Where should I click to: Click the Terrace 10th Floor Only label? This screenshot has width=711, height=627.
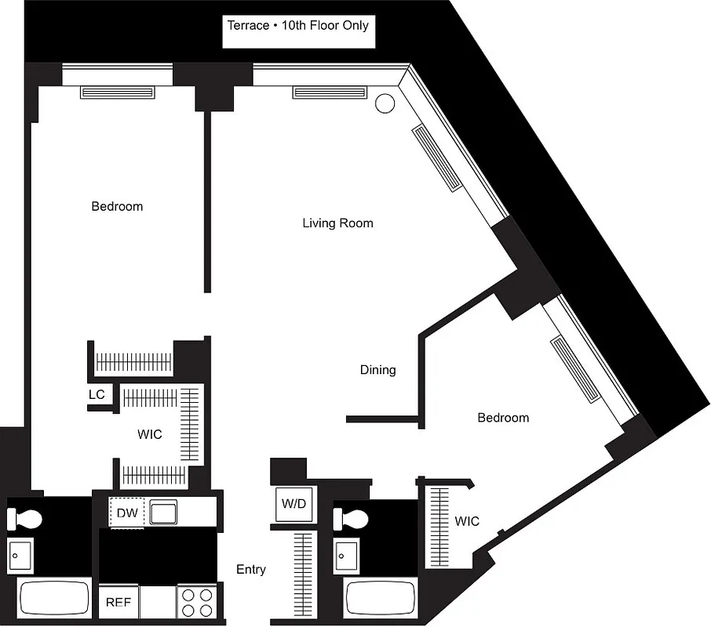(297, 26)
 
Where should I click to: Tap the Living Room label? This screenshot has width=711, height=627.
(337, 223)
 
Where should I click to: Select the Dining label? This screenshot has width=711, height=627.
(377, 370)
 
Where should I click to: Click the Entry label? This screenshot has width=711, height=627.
(251, 570)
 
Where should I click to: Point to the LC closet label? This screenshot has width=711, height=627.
(97, 395)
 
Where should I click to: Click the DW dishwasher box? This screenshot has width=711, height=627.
(127, 513)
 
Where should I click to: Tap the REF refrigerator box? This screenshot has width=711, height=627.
(118, 603)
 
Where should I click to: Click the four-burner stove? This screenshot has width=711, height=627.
(197, 603)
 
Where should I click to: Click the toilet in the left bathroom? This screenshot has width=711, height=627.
(29, 518)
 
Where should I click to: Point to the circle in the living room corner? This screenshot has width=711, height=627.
(385, 103)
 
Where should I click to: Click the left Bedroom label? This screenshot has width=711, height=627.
(117, 207)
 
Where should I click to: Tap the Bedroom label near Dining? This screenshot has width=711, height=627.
(503, 418)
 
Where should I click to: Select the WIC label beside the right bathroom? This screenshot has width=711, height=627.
(466, 521)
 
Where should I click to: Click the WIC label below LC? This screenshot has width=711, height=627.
(149, 434)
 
